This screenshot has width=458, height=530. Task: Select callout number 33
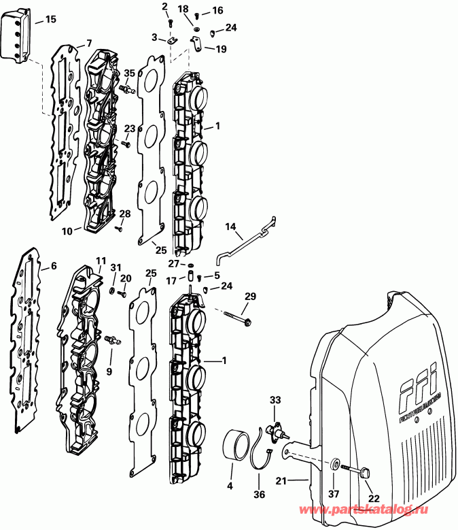click(x=275, y=399)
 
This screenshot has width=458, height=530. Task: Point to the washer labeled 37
click(x=335, y=465)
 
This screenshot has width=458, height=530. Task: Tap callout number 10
click(x=67, y=231)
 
